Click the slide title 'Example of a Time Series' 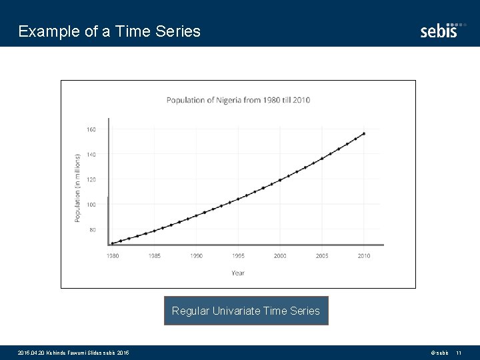[x=109, y=31]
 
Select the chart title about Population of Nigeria [x=238, y=101]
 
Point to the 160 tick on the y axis [x=91, y=129]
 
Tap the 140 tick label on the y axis [x=91, y=154]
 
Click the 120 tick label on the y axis [x=91, y=179]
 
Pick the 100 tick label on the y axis [x=91, y=205]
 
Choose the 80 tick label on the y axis [x=92, y=230]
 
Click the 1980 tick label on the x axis [x=113, y=256]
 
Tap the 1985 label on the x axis [x=155, y=256]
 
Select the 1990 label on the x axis [x=196, y=256]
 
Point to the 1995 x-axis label [x=238, y=256]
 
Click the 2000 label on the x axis [x=280, y=256]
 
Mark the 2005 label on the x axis [x=322, y=256]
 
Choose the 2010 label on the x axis [x=364, y=256]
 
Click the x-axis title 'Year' [x=238, y=273]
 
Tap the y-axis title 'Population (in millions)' [x=77, y=188]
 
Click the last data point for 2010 [x=363, y=133]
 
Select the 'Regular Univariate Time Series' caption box [x=246, y=311]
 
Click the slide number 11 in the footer [x=459, y=352]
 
